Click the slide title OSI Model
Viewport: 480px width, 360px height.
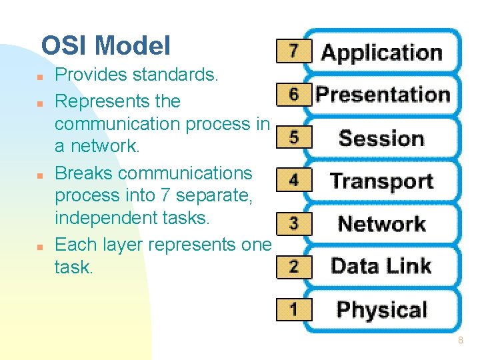click(x=105, y=46)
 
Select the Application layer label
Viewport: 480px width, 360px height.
click(x=381, y=53)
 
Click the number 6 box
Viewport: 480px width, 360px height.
click(x=293, y=94)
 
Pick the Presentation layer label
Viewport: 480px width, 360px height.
click(x=382, y=95)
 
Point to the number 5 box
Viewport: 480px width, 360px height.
click(x=293, y=137)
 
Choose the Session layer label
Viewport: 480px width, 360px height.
click(x=381, y=139)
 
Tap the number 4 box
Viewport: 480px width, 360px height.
click(x=293, y=180)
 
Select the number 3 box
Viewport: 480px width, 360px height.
click(x=293, y=223)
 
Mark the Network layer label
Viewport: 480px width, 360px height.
click(x=381, y=224)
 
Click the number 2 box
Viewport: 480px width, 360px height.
click(x=293, y=266)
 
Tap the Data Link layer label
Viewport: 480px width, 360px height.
click(x=381, y=267)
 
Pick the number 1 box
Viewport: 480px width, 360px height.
click(x=293, y=309)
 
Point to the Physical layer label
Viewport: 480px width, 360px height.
click(x=381, y=310)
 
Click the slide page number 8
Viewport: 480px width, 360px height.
click(x=460, y=341)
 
